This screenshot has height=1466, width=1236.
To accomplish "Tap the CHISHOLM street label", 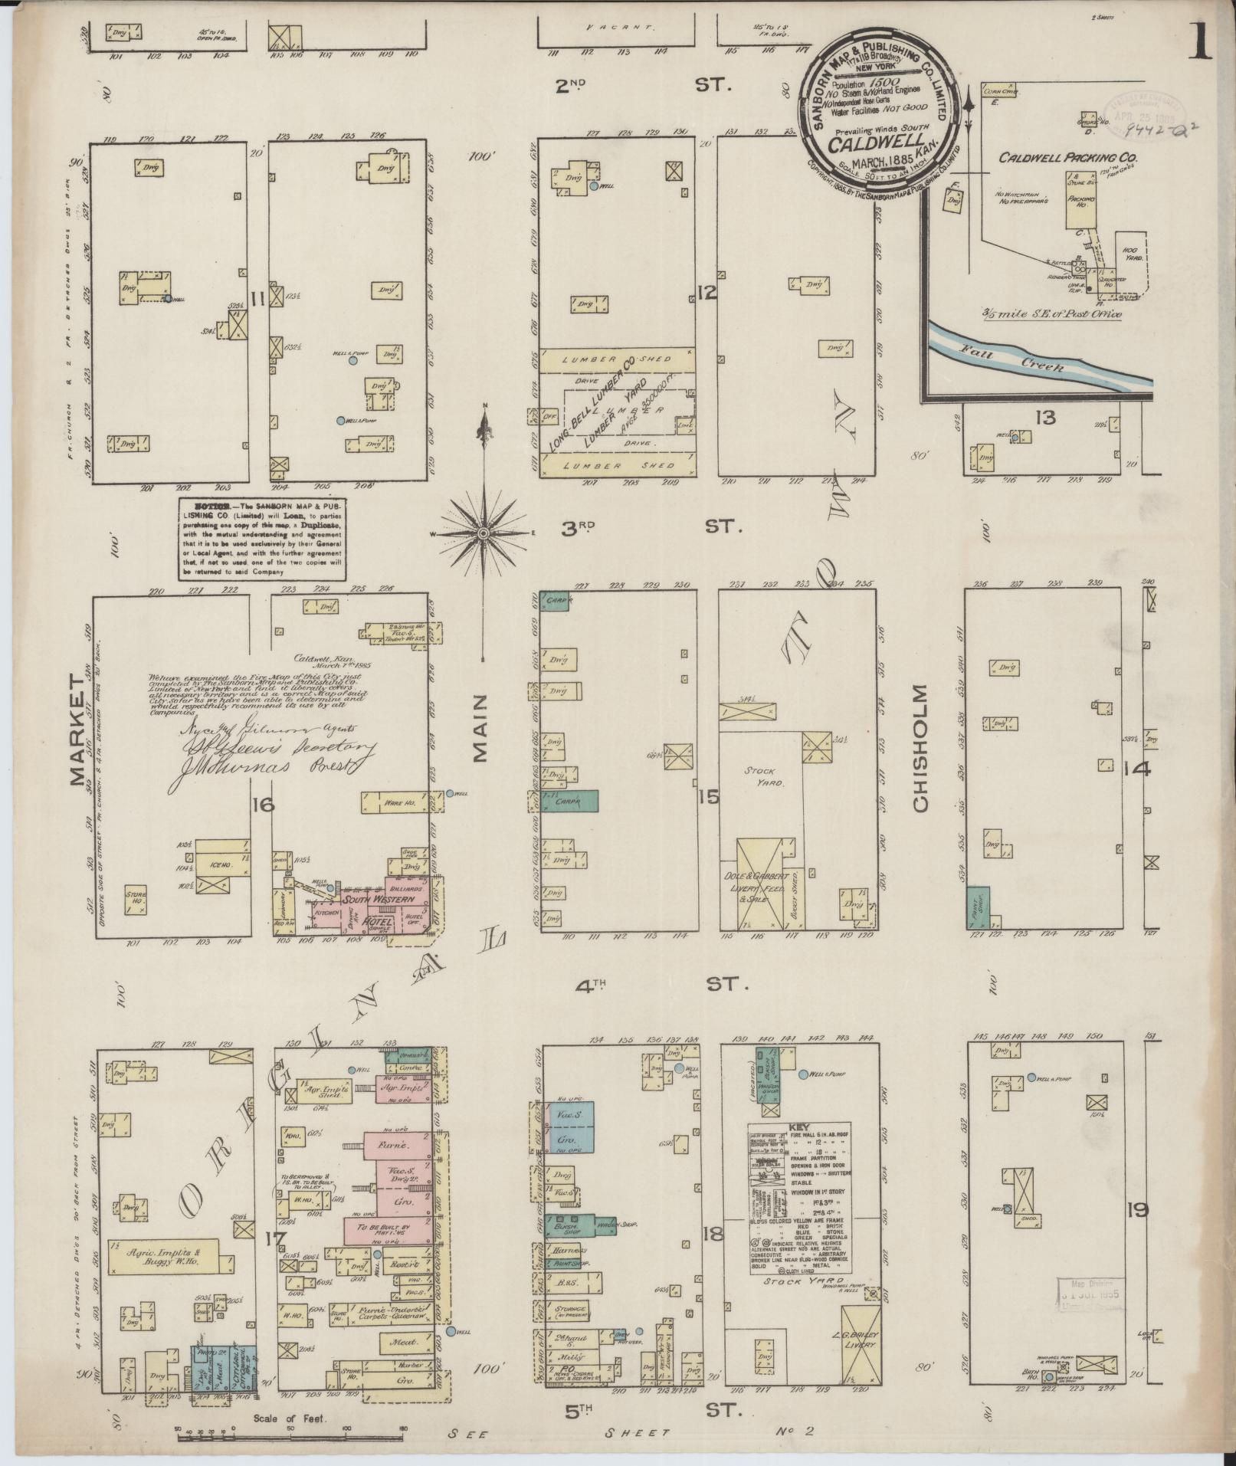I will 920,746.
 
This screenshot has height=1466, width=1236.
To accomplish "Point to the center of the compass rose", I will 484,533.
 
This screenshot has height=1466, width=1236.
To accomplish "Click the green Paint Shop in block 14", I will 977,908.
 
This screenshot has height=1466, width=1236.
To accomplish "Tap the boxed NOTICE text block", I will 261,539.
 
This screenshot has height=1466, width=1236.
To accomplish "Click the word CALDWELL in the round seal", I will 874,143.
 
